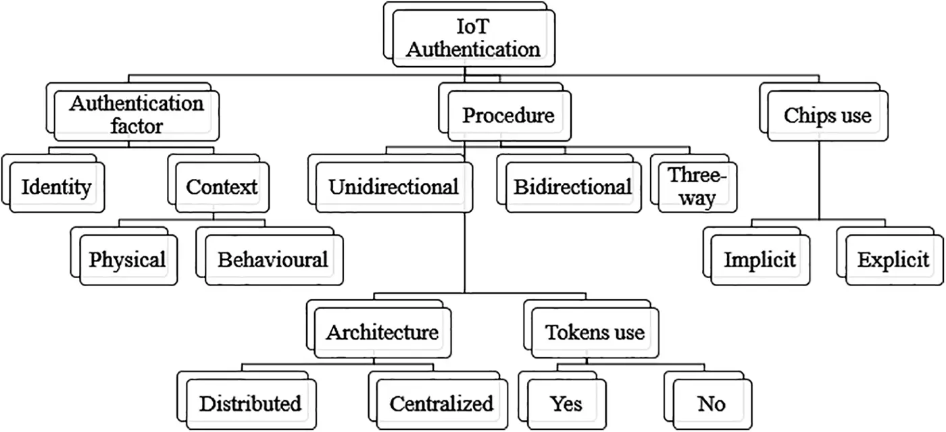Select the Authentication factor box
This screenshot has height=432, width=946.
tap(137, 115)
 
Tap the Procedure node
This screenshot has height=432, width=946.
tap(508, 115)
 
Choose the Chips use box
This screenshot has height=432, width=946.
tap(827, 115)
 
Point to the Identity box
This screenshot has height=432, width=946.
tap(56, 186)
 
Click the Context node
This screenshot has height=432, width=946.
tap(222, 186)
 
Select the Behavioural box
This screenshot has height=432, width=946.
tap(272, 259)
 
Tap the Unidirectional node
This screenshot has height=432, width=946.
tap(394, 186)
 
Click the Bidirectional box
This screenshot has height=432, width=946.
tap(573, 186)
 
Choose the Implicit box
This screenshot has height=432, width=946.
tap(760, 260)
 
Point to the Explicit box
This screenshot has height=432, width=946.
tap(893, 260)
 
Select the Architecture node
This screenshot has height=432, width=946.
tap(382, 332)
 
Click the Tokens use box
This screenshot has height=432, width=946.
tap(595, 332)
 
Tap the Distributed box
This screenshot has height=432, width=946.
tap(250, 404)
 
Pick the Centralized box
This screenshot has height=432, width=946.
tap(441, 404)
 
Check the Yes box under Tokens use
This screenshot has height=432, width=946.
tap(566, 404)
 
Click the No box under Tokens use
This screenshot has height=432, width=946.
tap(712, 404)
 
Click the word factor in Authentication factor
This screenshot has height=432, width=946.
tap(137, 126)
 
